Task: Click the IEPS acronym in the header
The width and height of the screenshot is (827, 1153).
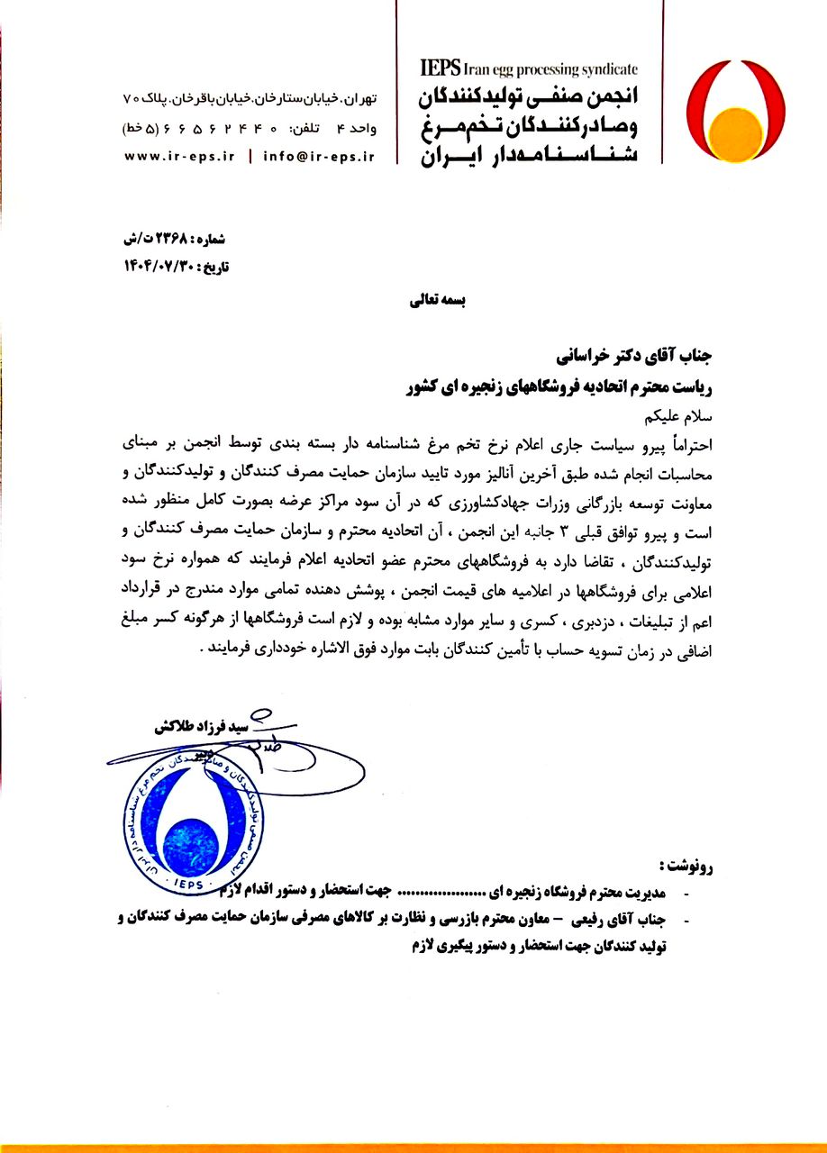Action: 441,67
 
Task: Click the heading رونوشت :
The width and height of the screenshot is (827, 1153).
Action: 686,867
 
